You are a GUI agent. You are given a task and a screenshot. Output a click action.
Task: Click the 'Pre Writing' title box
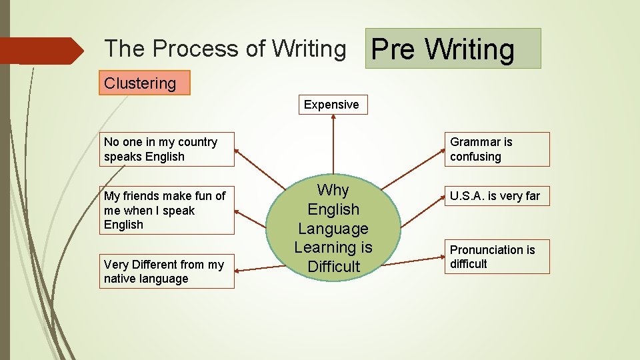click(453, 49)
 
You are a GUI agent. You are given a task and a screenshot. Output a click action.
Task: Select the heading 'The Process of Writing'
click(225, 49)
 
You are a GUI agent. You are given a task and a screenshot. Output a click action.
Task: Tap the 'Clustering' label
click(144, 83)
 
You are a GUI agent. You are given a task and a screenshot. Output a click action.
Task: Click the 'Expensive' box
click(331, 105)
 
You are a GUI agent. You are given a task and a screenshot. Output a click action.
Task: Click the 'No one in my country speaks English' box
click(167, 149)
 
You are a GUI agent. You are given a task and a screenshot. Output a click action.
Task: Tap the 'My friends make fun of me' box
click(167, 210)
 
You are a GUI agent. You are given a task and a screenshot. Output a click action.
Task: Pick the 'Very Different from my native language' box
click(167, 271)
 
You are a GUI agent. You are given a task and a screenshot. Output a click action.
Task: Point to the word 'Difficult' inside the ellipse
click(333, 267)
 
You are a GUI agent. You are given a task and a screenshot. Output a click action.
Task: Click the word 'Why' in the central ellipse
click(333, 190)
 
